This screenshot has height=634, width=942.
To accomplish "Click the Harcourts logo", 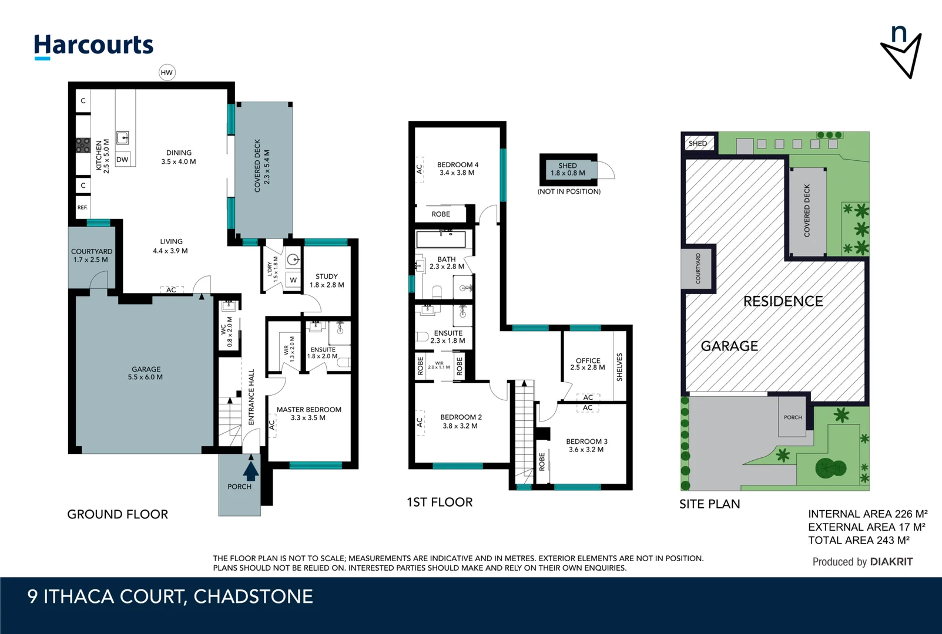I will coord(93,46).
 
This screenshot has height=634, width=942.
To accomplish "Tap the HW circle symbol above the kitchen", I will coord(167,73).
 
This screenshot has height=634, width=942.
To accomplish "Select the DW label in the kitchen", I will coord(122,160).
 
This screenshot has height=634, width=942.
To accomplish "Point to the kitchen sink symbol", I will coord(122,138).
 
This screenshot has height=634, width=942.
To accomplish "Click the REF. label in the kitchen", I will coord(82,208).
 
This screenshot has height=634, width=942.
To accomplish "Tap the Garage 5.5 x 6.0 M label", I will coord(145,373).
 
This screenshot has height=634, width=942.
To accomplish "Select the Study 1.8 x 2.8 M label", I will coord(327,281).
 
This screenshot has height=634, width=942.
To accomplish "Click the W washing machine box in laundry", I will coord(293,280).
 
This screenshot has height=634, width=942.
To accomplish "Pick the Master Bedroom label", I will coord(309,414).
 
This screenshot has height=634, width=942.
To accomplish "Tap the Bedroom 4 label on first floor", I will coord(457,168).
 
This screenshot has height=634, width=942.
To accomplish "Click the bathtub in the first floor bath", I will coord(441,239).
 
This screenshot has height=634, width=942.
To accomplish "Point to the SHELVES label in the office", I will coord(619,367).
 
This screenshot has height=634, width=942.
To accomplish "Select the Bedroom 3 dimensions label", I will coord(586,450).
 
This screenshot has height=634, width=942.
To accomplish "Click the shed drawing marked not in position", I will coord(568,170).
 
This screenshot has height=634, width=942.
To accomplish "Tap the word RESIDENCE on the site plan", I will coord(783,302).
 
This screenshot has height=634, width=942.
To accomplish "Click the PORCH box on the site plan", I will coord(792,417).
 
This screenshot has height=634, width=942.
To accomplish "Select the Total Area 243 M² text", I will coord(859,540).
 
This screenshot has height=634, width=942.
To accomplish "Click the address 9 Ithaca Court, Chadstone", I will coord(170,596).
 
